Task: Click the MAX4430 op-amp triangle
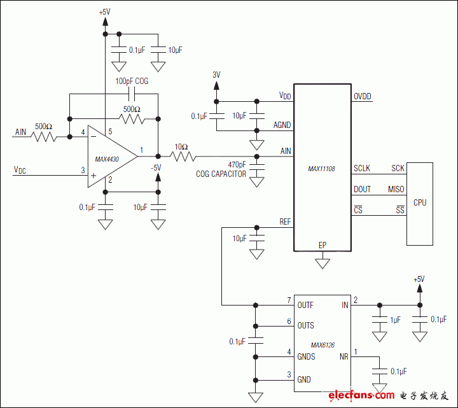coord(109,156)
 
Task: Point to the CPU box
coord(420,203)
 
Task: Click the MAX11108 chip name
coord(321,169)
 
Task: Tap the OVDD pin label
coord(363,97)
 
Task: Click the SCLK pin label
coord(363,169)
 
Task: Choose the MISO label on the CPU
coord(396,190)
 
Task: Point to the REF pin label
coord(285,222)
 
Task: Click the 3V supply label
coord(216,74)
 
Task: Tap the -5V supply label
coord(156,167)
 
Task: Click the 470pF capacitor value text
coord(237,164)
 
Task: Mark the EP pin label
coord(323,245)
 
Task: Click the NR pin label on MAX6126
coord(344,357)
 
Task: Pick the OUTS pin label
coord(305,325)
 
